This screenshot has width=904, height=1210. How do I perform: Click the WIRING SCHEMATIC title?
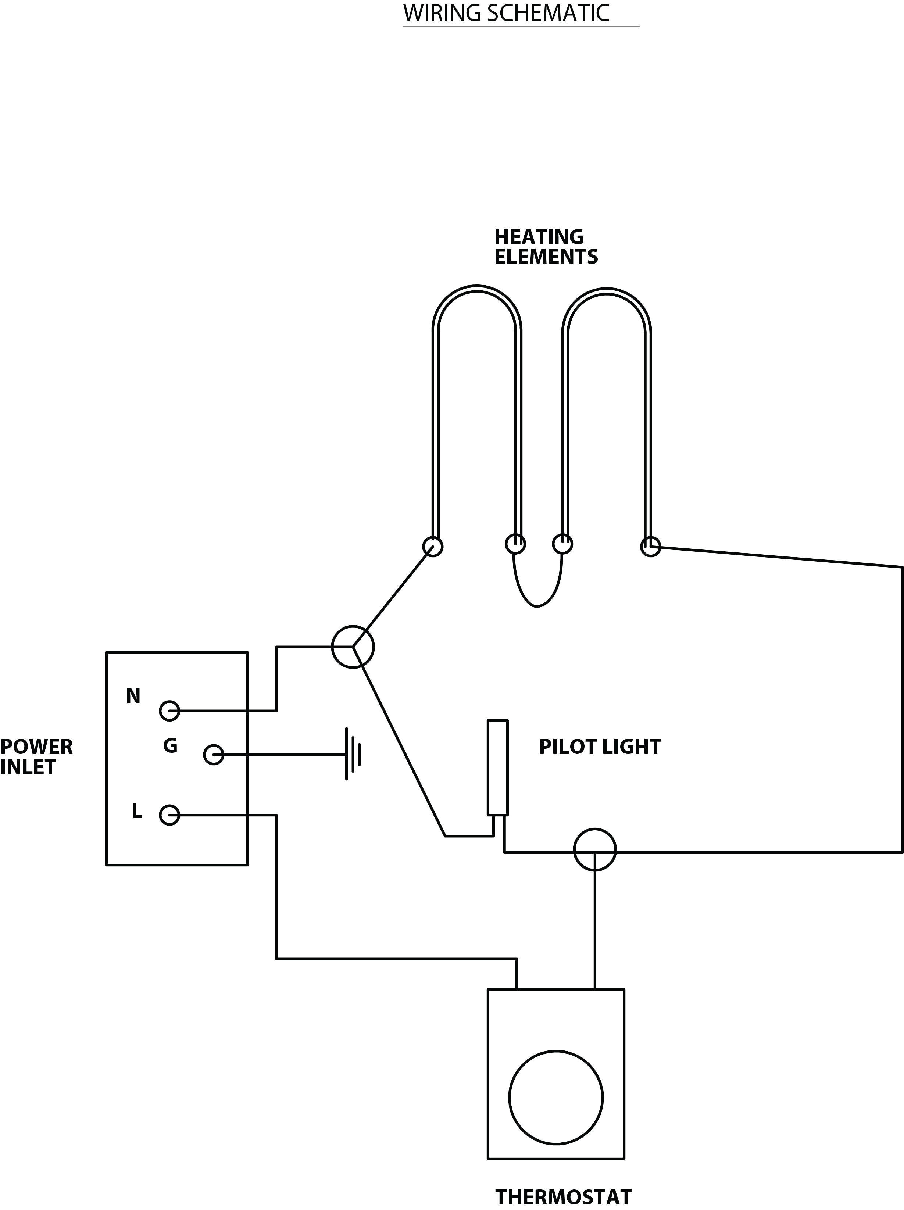(506, 14)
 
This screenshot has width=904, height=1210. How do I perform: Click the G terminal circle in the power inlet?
(214, 755)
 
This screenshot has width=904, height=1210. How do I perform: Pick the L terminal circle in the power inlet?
(169, 815)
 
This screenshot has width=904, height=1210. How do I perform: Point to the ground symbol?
(353, 754)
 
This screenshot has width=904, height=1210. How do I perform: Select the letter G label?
(170, 745)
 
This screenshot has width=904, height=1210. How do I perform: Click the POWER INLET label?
(36, 756)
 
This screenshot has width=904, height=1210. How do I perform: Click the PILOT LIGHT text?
(600, 747)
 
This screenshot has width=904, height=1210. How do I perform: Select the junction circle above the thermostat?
(595, 849)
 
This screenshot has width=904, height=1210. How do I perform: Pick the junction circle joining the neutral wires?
(353, 647)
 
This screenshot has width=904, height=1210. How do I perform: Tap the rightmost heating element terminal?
(650, 546)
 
